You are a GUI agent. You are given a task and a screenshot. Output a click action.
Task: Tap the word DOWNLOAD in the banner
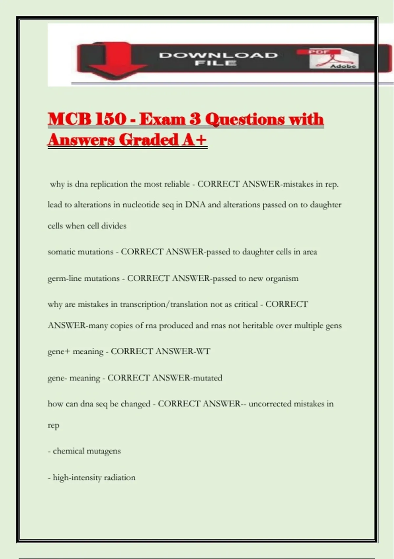pos(218,55)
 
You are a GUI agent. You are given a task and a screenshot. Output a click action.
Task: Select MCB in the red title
pos(69,119)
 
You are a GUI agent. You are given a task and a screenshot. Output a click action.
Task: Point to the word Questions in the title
pos(245,119)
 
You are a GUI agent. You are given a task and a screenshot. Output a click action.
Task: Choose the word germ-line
pos(64,279)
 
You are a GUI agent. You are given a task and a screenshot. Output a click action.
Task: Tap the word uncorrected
pos(270,404)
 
